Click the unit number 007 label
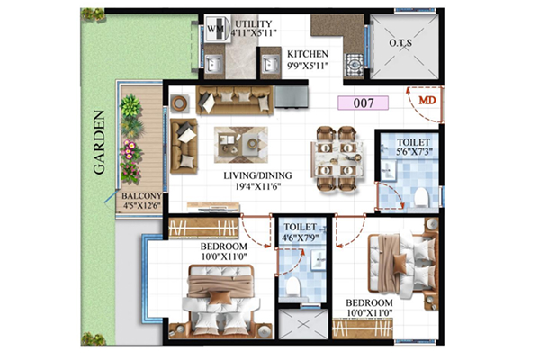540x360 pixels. click(x=364, y=103)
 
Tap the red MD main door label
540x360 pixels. click(x=427, y=100)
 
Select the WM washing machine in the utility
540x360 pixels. click(x=217, y=29)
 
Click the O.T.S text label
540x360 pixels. click(x=400, y=43)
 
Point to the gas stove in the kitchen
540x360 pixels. click(x=355, y=64)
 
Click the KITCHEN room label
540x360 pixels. click(x=308, y=54)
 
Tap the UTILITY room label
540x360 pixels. click(x=254, y=23)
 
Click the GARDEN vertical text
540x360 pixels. click(x=99, y=142)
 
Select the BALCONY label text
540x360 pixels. click(x=141, y=196)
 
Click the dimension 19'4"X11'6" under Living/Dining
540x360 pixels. click(x=258, y=187)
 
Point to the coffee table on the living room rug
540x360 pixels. click(x=241, y=144)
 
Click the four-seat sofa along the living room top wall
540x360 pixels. click(x=235, y=100)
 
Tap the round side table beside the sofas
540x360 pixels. click(x=180, y=103)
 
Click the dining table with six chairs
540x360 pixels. click(x=337, y=158)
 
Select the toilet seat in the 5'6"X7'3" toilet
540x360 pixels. click(x=421, y=198)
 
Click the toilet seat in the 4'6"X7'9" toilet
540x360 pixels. click(x=293, y=286)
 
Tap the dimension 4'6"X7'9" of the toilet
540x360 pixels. click(x=300, y=238)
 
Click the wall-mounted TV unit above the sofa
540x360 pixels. click(x=292, y=96)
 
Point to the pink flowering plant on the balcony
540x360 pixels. click(x=130, y=150)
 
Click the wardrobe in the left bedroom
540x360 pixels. click(x=203, y=228)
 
